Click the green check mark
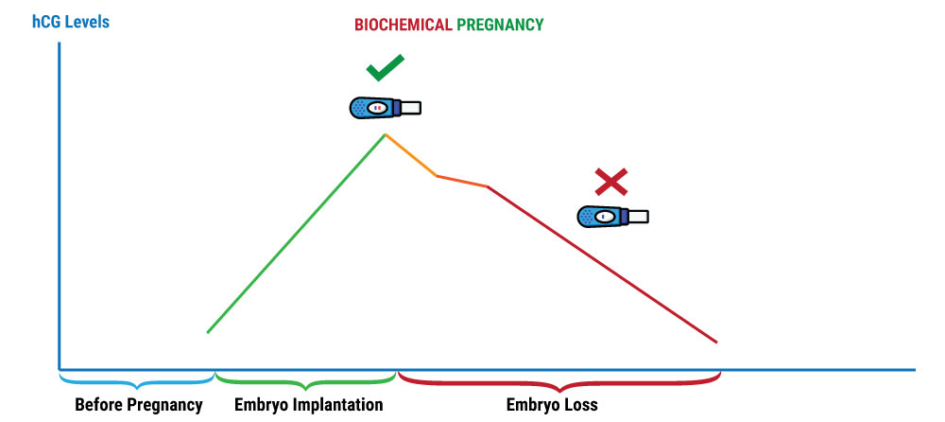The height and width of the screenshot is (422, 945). click(385, 68)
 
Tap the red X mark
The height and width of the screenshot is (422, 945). click(611, 182)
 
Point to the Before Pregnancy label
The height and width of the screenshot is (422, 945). click(139, 405)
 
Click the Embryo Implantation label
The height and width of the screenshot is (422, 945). click(309, 405)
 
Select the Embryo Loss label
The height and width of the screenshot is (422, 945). click(559, 405)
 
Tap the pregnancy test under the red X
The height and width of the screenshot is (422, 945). click(611, 217)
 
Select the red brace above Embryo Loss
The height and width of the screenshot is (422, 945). click(559, 381)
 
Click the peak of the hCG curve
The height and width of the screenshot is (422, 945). click(385, 135)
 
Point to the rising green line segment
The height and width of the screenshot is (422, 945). click(296, 234)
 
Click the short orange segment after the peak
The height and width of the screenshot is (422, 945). click(410, 156)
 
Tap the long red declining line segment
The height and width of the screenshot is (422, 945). click(602, 264)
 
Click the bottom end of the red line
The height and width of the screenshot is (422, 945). click(715, 342)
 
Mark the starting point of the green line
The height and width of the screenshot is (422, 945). click(208, 332)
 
